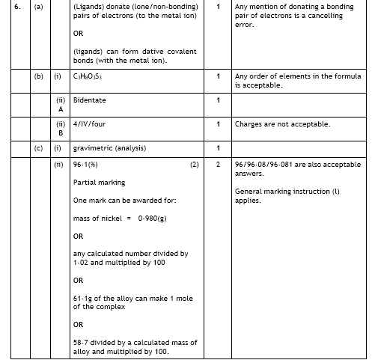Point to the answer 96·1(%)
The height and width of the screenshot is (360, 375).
[86, 165]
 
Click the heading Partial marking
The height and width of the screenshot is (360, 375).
[99, 183]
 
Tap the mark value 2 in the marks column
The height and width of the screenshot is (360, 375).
[218, 165]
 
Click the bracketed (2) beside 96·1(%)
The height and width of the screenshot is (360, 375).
[194, 165]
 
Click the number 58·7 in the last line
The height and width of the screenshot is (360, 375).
[82, 343]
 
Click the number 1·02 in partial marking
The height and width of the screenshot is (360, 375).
[82, 263]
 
